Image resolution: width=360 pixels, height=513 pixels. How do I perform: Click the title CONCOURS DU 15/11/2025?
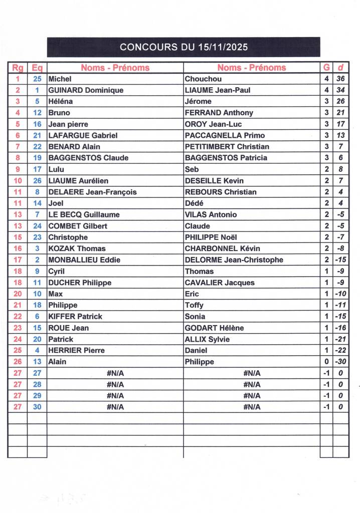184,48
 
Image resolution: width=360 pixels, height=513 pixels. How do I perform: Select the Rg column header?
18,68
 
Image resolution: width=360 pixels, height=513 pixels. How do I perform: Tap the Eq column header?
37,68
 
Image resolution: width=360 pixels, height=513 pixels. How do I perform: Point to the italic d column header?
340,68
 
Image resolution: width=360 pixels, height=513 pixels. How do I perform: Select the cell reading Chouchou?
203,79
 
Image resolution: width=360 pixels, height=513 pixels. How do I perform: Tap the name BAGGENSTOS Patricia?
226,158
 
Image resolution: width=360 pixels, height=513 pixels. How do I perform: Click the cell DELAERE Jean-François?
92,192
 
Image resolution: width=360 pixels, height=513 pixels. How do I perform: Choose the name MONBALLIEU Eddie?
84,260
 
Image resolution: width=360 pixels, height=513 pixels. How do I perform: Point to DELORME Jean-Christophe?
234,260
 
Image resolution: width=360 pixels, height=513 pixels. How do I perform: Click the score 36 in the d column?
340,79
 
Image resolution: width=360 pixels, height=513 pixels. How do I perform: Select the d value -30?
340,362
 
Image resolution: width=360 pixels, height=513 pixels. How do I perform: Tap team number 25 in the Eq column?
37,79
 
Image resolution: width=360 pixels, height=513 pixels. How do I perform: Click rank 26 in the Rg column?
18,362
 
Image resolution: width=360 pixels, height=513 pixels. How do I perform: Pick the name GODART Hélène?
214,328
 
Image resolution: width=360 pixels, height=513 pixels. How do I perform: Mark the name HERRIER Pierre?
76,350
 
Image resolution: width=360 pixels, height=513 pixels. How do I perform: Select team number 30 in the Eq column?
37,407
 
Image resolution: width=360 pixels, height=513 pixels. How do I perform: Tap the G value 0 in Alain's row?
326,362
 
